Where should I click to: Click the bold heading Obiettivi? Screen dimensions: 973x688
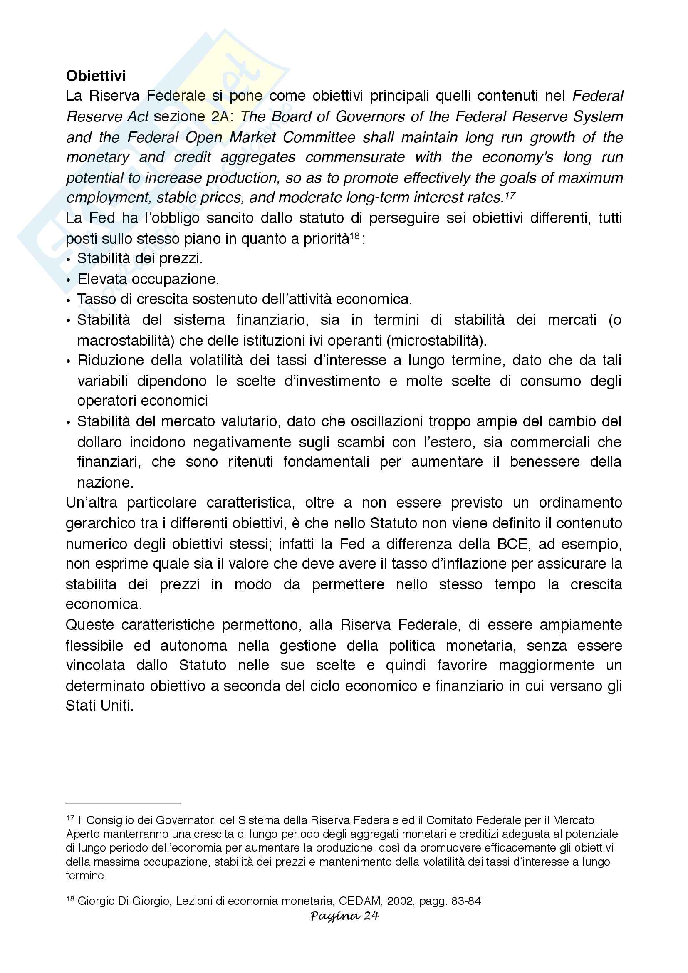(96, 76)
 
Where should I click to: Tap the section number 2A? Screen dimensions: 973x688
(220, 117)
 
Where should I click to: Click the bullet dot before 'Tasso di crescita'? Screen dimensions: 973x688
(69, 300)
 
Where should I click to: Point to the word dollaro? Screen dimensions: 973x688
(98, 443)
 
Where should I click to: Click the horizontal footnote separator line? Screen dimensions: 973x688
(123, 804)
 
